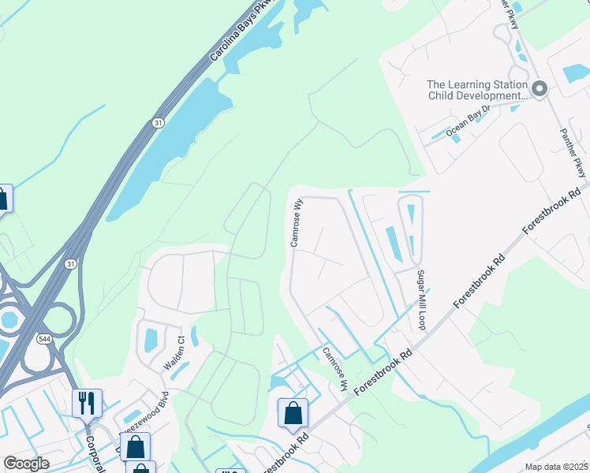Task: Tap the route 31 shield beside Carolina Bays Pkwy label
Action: tap(158, 123)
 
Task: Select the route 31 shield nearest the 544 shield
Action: tap(71, 263)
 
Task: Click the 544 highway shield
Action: tap(43, 339)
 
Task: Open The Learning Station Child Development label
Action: tap(476, 90)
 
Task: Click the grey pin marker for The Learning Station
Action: tap(540, 89)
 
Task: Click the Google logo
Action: tap(26, 464)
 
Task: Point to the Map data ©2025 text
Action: tap(556, 467)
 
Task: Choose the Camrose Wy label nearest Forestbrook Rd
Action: tap(334, 369)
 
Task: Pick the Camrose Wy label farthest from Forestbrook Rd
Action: tap(297, 222)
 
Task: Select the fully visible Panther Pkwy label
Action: tap(573, 153)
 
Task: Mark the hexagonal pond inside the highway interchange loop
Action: tap(9, 320)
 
